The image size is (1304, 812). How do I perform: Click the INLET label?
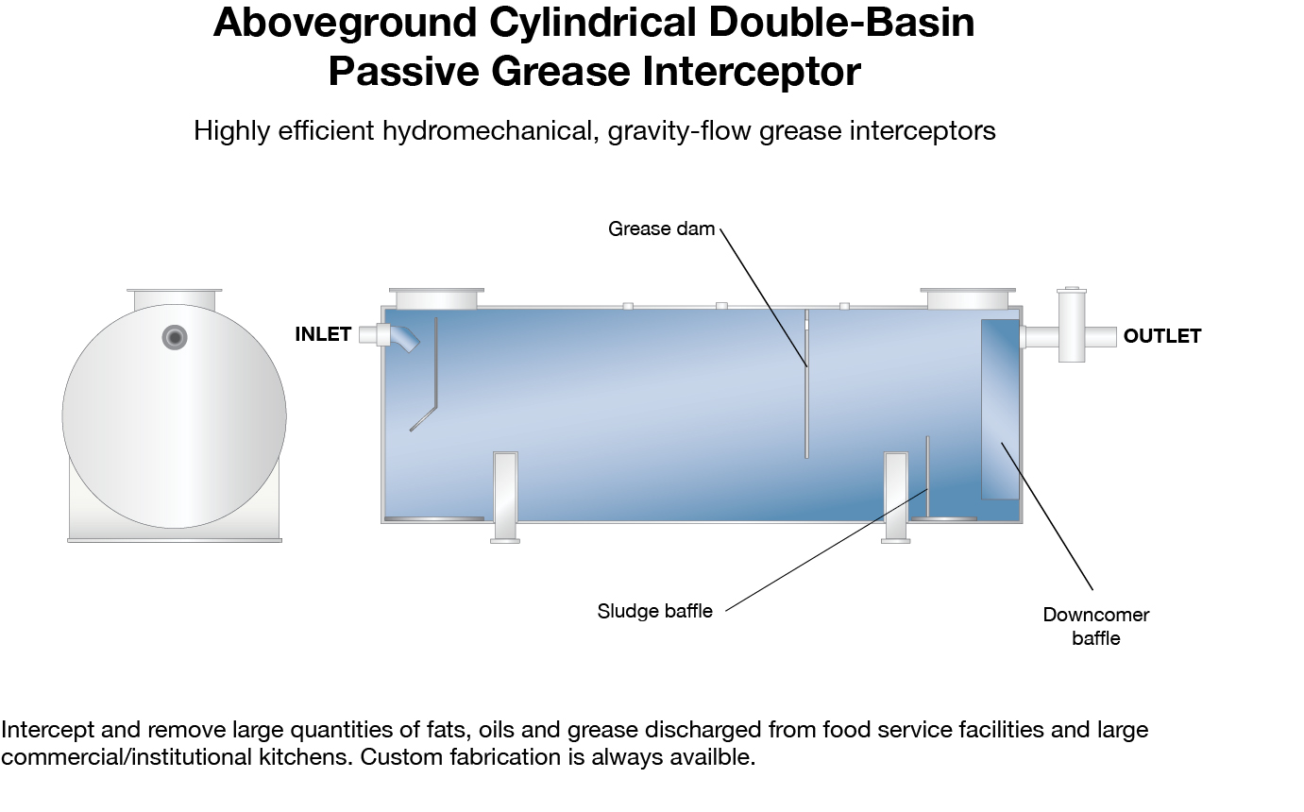pos(323,334)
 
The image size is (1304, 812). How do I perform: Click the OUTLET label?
pos(1162,336)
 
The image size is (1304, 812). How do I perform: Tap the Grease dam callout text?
pos(661,228)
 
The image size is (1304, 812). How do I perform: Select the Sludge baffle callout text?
pos(655,611)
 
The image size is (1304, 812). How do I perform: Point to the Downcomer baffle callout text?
pos(1096,626)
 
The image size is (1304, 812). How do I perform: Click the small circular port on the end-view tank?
pos(175,337)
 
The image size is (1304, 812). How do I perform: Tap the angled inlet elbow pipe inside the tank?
pos(404,338)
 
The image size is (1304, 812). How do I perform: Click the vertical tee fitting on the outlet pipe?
pos(1072,325)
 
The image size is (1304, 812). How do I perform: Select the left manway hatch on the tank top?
pos(436,298)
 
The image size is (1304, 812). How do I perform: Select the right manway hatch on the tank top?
pos(968,298)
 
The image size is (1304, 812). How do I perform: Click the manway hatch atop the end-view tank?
pos(175,299)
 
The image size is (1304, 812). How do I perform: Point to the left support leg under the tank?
pos(505,498)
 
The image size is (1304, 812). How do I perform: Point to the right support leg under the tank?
pos(896,498)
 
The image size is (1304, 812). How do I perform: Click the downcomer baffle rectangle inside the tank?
pos(1000,409)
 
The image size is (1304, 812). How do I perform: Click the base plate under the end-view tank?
pos(175,541)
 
